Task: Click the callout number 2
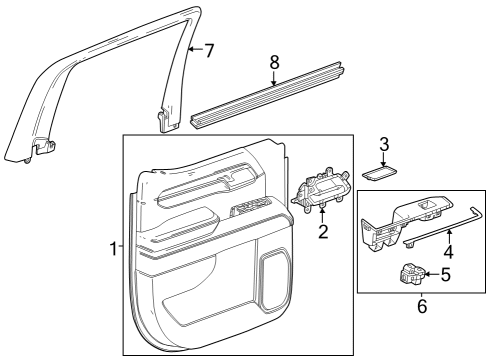[x=323, y=233]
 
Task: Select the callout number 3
[x=383, y=145]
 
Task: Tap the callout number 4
[x=449, y=253]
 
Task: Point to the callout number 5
[x=446, y=275]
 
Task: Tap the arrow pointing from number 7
[x=195, y=49]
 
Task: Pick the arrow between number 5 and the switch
[x=432, y=274]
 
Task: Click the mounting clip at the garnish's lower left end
[x=42, y=149]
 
